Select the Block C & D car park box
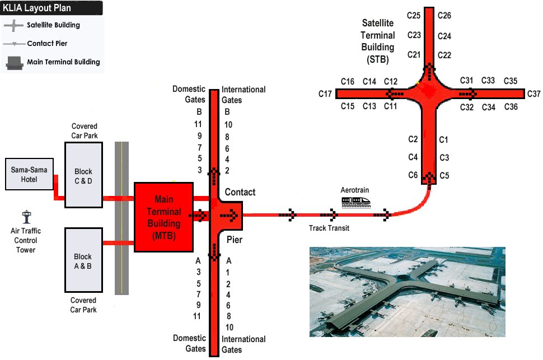83,175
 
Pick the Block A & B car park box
83,260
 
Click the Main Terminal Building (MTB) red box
164,216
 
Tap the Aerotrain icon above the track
356,199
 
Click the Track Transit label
329,228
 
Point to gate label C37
533,93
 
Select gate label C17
326,93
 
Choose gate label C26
444,16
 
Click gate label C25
414,16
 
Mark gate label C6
413,175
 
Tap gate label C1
444,139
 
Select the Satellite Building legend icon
13,25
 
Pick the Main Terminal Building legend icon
13,62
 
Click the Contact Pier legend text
48,43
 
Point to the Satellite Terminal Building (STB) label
377,41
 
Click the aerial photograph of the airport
407,292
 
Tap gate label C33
488,81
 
